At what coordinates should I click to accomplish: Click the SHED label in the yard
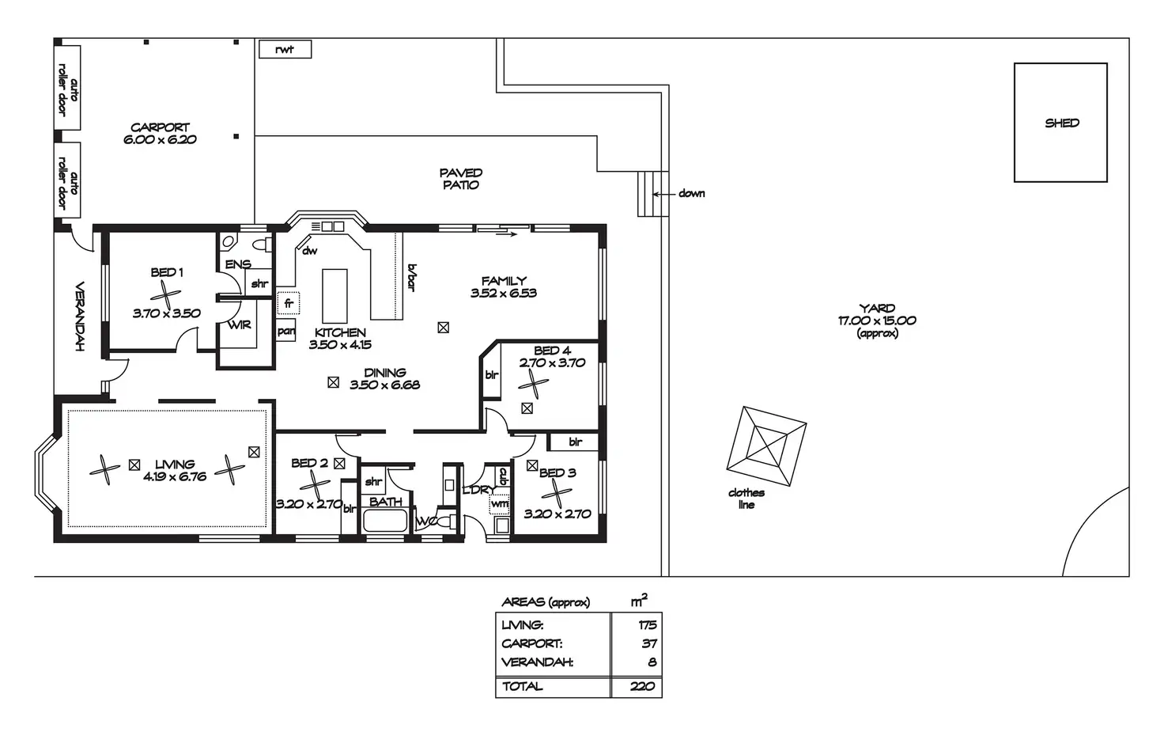[1061, 123]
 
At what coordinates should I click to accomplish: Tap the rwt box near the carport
[285, 49]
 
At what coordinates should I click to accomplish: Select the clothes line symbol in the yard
[766, 446]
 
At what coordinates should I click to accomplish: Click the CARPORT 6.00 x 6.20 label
[160, 133]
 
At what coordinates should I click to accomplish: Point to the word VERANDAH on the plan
[80, 317]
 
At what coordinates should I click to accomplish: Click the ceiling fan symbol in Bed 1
[165, 296]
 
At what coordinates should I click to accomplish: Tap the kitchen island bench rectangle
[334, 294]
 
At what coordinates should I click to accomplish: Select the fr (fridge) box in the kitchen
[288, 303]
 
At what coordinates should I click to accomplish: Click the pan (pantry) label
[286, 332]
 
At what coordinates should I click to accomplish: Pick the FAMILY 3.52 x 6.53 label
[504, 286]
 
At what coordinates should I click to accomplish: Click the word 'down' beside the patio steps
[691, 193]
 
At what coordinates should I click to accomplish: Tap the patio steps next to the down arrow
[648, 193]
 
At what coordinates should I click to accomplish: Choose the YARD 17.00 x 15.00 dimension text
[877, 320]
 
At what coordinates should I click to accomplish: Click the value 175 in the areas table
[646, 625]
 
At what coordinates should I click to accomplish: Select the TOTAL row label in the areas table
[523, 686]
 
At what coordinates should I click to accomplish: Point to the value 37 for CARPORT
[648, 643]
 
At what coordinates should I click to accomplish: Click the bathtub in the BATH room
[385, 522]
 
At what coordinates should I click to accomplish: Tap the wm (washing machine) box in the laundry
[500, 503]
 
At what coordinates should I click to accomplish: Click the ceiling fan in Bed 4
[534, 385]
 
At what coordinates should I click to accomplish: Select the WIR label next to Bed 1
[240, 324]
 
